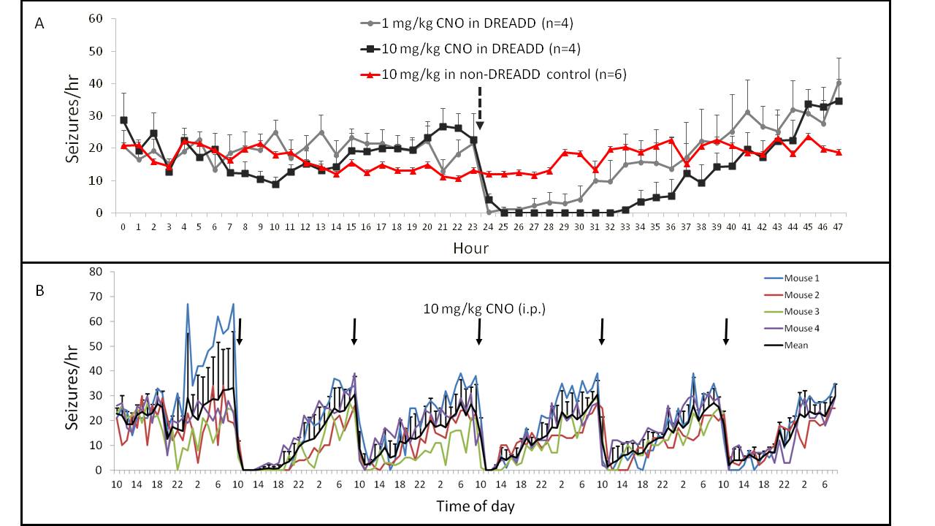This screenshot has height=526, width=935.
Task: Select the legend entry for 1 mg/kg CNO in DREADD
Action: (468, 23)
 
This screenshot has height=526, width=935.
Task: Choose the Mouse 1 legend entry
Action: (801, 278)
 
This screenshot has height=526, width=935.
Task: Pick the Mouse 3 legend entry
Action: (801, 312)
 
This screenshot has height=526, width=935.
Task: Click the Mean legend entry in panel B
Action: (796, 345)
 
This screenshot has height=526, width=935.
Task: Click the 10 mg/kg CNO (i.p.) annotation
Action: (484, 309)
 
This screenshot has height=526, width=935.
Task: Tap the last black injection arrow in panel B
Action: (725, 331)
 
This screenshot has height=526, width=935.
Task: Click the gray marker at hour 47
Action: (839, 83)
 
